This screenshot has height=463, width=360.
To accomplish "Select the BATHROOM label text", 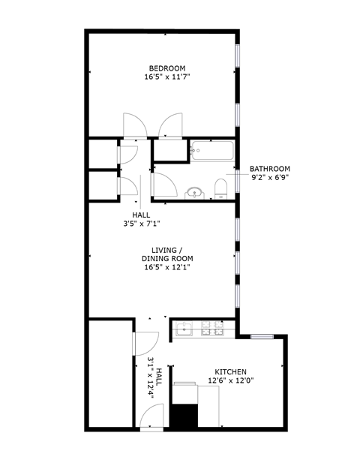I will [269, 169].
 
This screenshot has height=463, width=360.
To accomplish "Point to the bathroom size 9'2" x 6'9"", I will [269, 178].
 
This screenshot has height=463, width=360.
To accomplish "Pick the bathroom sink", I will [195, 193].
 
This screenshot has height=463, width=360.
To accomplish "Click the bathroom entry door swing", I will [163, 184].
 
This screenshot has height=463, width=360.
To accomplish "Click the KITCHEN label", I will [230, 371].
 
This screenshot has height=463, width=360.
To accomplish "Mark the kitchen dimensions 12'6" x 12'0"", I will [230, 380].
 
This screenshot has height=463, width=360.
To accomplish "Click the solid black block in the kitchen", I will [183, 416].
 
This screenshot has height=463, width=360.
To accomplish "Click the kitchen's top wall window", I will [262, 336].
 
